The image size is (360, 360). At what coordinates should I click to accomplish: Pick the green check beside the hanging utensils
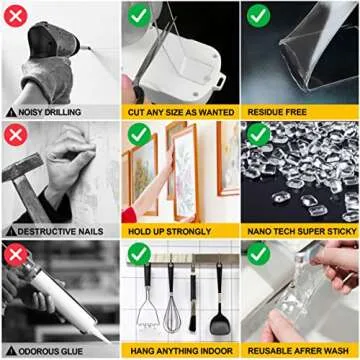pos(138,255)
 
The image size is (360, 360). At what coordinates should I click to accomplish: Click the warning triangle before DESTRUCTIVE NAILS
pos(10,231)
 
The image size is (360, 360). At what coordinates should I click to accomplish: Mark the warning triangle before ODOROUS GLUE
pos(10,350)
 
